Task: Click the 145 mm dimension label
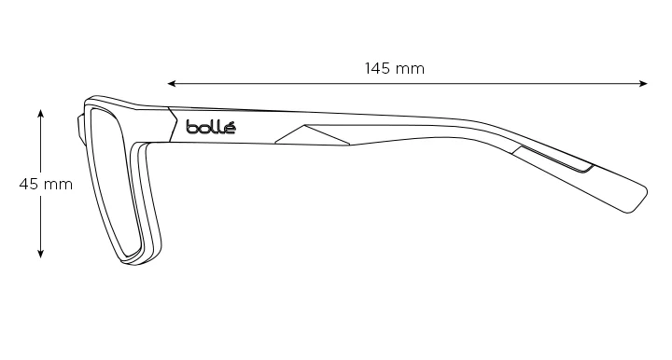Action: tap(394, 68)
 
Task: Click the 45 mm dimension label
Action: tap(46, 185)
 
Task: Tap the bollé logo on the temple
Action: tap(211, 127)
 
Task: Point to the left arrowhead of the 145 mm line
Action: tap(172, 84)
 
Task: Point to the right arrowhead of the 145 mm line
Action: tap(643, 84)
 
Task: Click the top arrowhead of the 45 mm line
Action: tap(41, 114)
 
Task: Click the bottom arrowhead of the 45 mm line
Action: tap(41, 254)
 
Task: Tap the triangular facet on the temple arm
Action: tap(312, 135)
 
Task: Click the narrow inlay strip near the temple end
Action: tap(553, 159)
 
